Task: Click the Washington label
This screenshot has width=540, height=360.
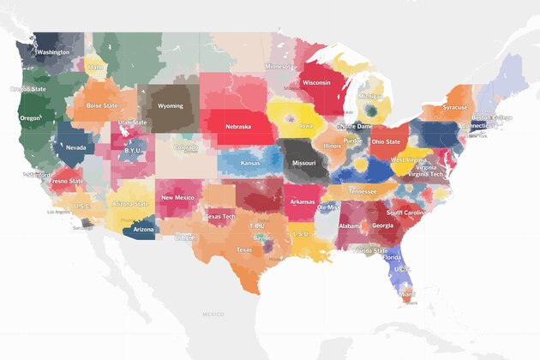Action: pos(53,52)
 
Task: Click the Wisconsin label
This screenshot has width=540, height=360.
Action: pos(323,84)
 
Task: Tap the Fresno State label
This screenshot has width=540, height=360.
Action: pos(66,182)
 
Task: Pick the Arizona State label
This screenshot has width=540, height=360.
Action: pos(131,204)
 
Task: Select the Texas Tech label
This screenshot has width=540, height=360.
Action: pos(219,217)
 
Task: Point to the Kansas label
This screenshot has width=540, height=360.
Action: pos(250,163)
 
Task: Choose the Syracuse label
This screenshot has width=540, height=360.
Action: pos(455,108)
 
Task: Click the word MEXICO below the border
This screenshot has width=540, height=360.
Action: pos(212,315)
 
